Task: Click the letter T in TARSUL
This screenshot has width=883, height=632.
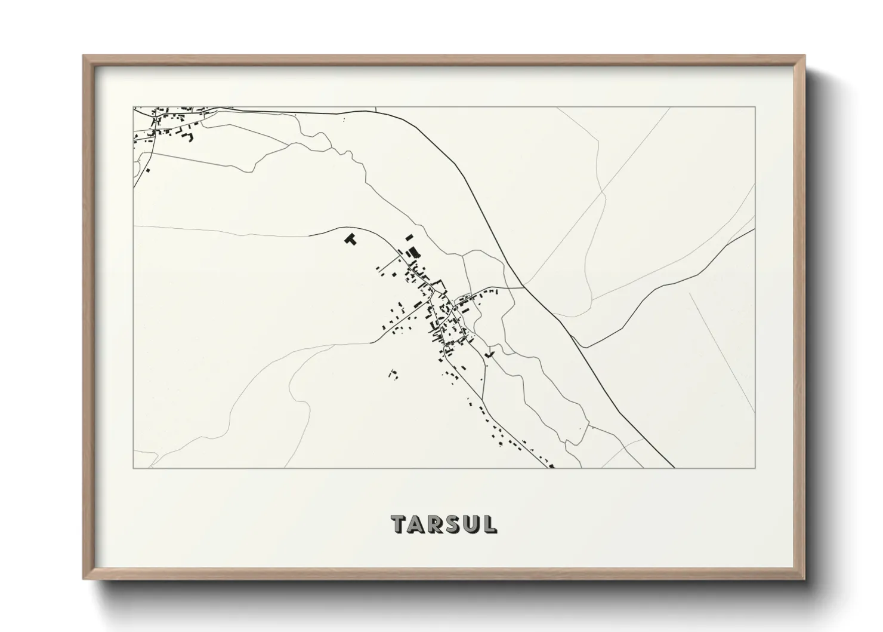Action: (x=399, y=524)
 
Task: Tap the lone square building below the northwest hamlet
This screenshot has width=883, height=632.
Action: (x=148, y=170)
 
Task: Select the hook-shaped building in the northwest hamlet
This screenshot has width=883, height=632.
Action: (x=191, y=137)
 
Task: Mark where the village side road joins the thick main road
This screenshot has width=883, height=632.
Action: (x=524, y=287)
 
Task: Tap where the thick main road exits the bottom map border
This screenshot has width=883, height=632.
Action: (x=674, y=468)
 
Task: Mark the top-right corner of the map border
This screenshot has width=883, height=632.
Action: (x=755, y=107)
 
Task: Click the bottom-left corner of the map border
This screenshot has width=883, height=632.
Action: (x=133, y=468)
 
